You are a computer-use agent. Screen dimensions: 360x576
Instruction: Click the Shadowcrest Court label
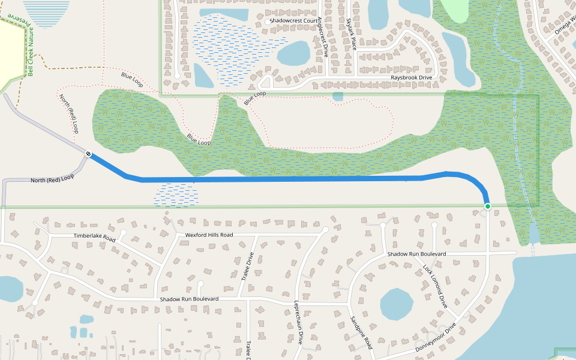pos(293,20)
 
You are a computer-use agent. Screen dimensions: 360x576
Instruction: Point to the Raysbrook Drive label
pos(412,78)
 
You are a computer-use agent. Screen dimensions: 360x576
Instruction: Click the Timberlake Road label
pos(94,238)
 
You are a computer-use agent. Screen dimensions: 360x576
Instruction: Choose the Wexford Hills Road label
pos(209,235)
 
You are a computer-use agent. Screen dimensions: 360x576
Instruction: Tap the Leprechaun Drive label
pos(298,322)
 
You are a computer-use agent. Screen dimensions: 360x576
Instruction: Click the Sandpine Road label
pos(361,333)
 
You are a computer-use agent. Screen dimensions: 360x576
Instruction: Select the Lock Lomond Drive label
pos(435,286)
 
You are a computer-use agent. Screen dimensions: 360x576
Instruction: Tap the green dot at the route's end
pos(488,206)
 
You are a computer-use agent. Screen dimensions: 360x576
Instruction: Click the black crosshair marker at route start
pos(88,154)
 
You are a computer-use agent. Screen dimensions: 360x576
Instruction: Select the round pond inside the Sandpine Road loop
pos(397,305)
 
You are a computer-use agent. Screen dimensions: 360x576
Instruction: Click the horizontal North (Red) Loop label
pos(52,179)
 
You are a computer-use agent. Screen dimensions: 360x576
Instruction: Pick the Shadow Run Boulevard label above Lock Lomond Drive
pos(416,254)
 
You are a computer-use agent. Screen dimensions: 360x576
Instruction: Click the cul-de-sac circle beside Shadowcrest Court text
pos(268,22)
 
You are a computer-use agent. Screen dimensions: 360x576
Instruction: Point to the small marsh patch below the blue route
pos(176,194)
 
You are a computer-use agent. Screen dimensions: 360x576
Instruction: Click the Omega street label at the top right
pos(564,25)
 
